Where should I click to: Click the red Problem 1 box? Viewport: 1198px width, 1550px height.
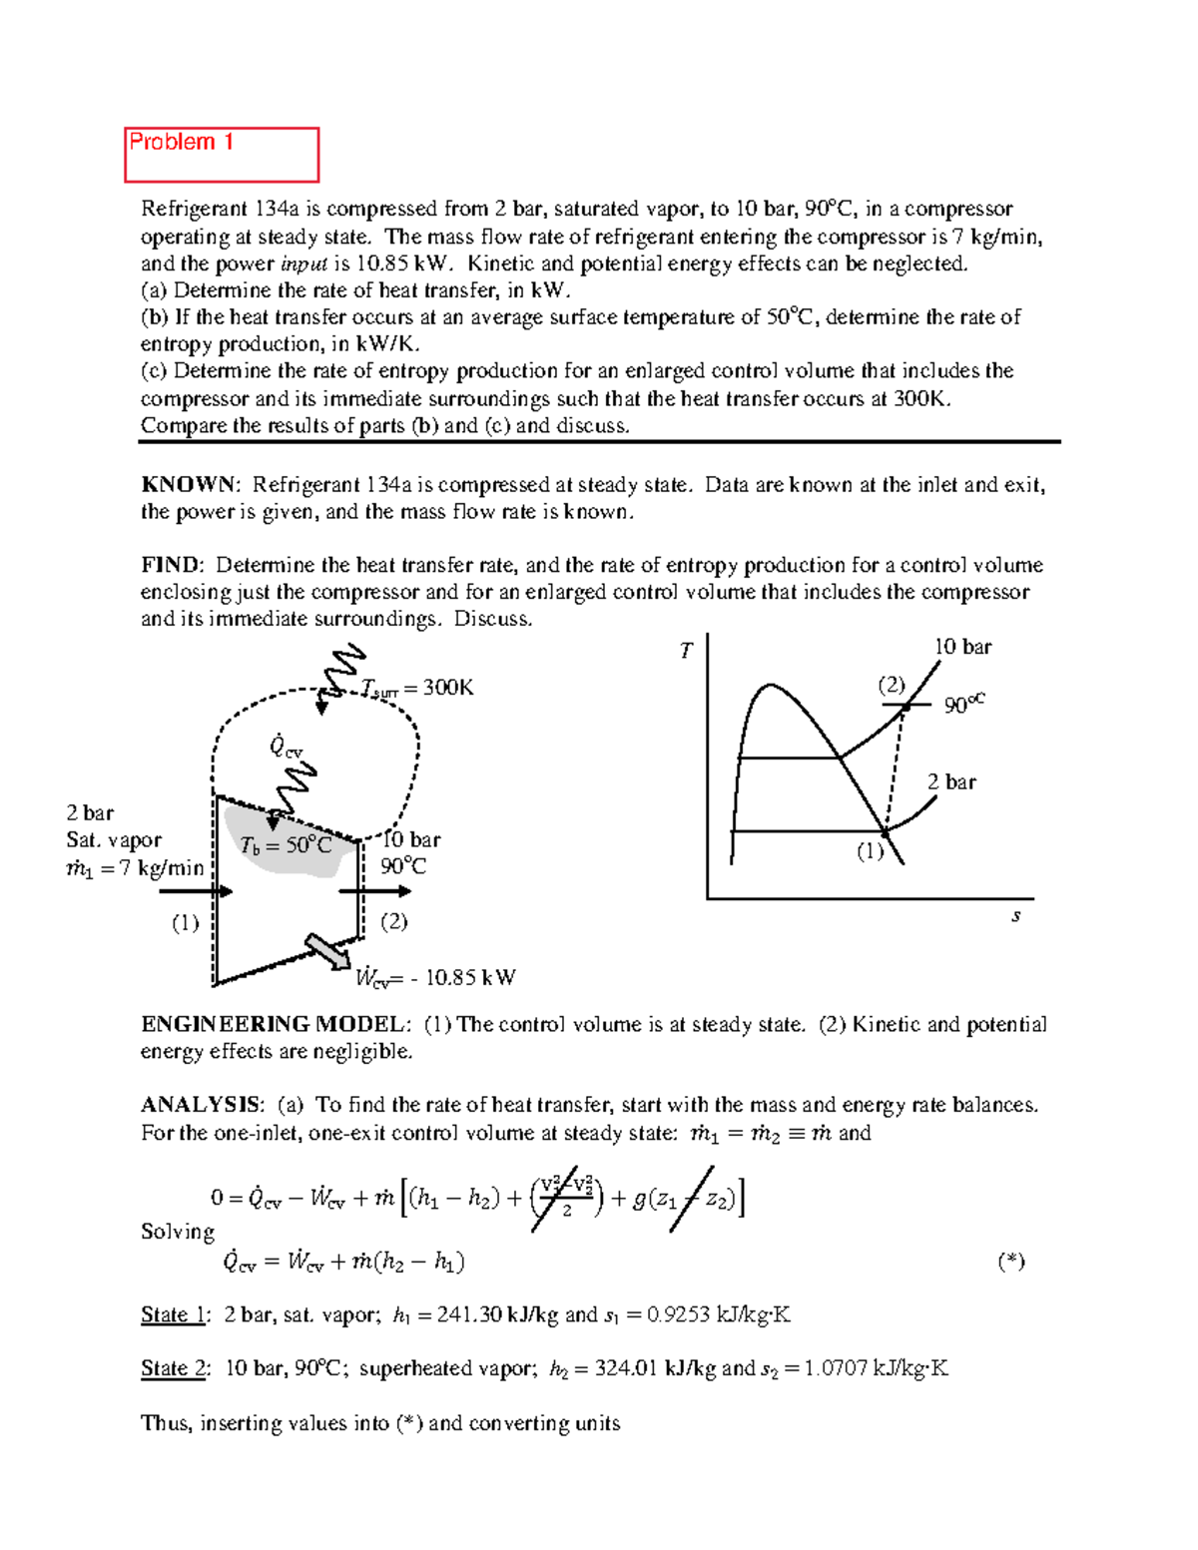pos(221,155)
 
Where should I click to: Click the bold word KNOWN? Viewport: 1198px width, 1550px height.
pos(189,485)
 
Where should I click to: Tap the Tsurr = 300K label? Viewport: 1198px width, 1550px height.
pos(417,688)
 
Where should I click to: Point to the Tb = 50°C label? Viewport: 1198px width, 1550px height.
pos(286,845)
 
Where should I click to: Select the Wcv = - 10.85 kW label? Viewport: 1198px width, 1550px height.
pos(436,977)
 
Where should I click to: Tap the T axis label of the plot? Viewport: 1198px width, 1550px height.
pos(686,651)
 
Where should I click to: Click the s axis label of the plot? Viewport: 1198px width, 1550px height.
pos(1015,915)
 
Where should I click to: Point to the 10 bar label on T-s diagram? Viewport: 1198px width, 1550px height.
pos(962,647)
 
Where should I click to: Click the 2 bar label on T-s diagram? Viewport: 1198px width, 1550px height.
pos(950,781)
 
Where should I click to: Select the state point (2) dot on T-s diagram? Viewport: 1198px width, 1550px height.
pos(905,707)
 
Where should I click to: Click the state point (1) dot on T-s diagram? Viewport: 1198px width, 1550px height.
pos(885,831)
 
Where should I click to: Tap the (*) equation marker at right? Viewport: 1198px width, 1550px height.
pos(1010,1261)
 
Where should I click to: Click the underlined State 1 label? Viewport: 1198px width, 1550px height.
pos(174,1314)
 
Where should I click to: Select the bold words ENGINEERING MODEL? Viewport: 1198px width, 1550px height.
pos(275,1024)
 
